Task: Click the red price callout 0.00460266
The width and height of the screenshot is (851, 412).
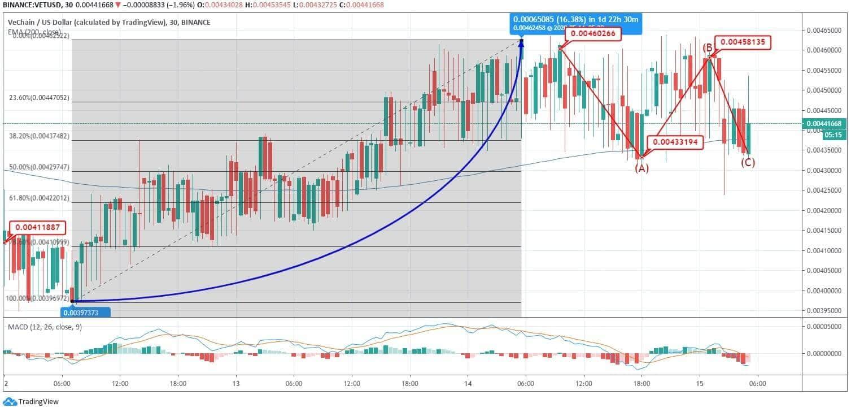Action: pyautogui.click(x=595, y=34)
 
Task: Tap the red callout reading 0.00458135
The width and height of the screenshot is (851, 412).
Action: pyautogui.click(x=743, y=42)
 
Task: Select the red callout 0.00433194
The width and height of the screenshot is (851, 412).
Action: pyautogui.click(x=675, y=142)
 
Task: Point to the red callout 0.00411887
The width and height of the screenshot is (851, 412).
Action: pyautogui.click(x=38, y=228)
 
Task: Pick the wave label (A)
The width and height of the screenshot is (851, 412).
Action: pyautogui.click(x=641, y=168)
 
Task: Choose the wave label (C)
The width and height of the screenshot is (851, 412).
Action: pyautogui.click(x=748, y=163)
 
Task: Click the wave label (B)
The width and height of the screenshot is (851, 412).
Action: pyautogui.click(x=708, y=48)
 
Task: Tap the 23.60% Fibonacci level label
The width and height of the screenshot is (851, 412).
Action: pyautogui.click(x=39, y=98)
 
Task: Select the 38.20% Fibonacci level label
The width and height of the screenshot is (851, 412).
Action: pyautogui.click(x=39, y=136)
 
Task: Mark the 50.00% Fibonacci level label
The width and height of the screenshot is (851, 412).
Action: pyautogui.click(x=39, y=168)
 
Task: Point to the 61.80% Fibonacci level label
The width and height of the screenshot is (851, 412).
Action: pyautogui.click(x=39, y=198)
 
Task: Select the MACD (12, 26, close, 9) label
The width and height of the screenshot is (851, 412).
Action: pyautogui.click(x=44, y=327)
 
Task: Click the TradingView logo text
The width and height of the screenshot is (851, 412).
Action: pyautogui.click(x=38, y=402)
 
